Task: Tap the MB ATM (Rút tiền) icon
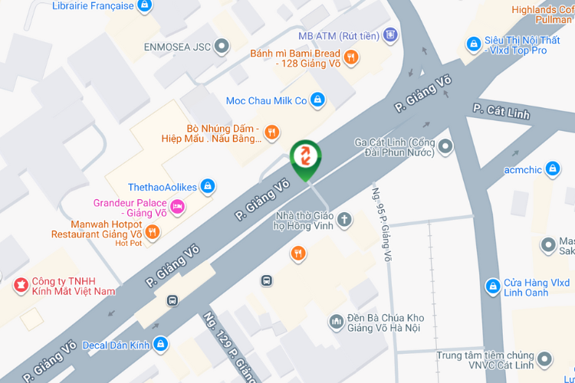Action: click(391, 34)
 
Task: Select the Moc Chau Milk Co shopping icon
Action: click(318, 100)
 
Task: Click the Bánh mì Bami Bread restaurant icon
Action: click(350, 56)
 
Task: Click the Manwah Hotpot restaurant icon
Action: click(152, 231)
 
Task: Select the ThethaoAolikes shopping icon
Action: click(207, 186)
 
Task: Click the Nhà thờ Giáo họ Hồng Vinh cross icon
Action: click(345, 220)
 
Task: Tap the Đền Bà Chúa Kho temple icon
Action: click(336, 322)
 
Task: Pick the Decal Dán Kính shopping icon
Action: click(160, 344)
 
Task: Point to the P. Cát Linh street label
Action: click(501, 112)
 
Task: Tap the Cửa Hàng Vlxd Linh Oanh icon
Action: click(492, 286)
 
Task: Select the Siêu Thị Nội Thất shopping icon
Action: click(473, 44)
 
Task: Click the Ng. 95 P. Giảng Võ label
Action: click(381, 225)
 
